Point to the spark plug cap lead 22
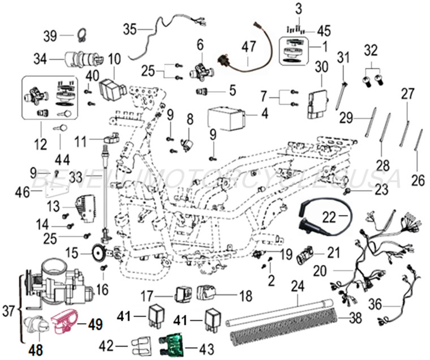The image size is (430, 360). coord(317,222)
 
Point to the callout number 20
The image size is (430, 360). coord(320,271)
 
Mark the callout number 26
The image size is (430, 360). coord(417,181)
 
